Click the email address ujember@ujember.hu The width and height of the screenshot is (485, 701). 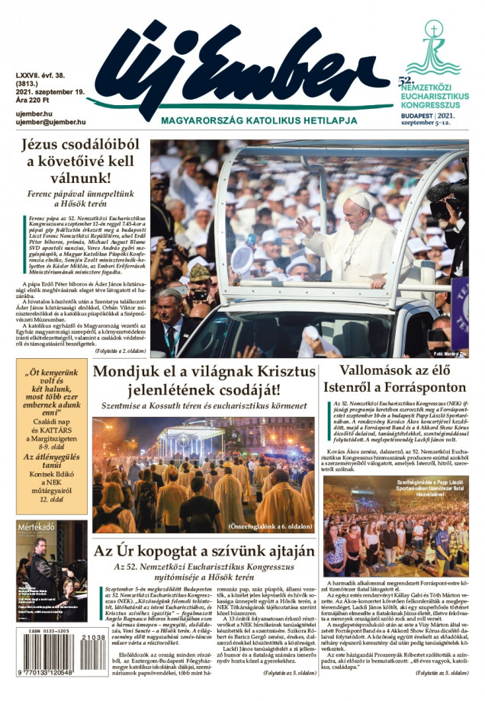50,121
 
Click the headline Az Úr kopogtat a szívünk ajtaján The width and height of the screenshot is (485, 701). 204,550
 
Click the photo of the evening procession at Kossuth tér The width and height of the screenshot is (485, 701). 204,472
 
